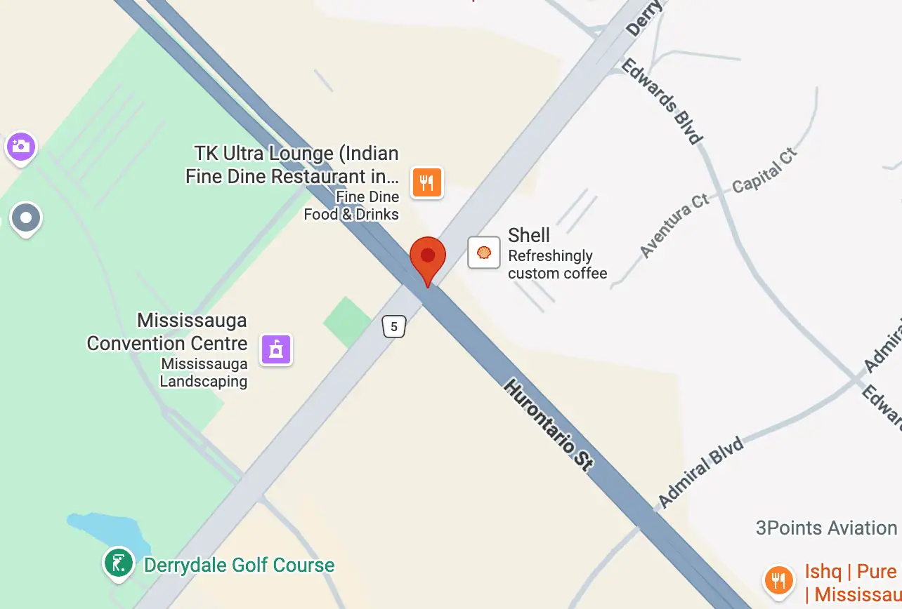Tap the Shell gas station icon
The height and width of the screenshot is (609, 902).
pyautogui.click(x=484, y=253)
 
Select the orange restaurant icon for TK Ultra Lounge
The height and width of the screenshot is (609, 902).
pyautogui.click(x=427, y=182)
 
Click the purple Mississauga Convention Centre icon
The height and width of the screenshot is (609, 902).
pyautogui.click(x=276, y=349)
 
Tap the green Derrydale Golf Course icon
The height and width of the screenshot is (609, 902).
pyautogui.click(x=119, y=563)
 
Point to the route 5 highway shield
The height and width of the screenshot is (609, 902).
pyautogui.click(x=394, y=326)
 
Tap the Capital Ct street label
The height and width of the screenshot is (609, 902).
pyautogui.click(x=764, y=170)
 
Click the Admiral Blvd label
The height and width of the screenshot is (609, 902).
pyautogui.click(x=700, y=471)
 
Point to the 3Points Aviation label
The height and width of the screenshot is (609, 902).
pyautogui.click(x=826, y=528)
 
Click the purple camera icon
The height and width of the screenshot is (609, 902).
pyautogui.click(x=21, y=147)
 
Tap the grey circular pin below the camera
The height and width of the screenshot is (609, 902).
pyautogui.click(x=27, y=218)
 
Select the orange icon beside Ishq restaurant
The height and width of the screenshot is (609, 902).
pyautogui.click(x=778, y=580)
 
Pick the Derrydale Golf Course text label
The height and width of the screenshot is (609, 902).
pyautogui.click(x=239, y=565)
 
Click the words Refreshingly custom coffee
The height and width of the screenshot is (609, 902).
pyautogui.click(x=557, y=264)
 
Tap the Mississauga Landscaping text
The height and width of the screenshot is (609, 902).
pyautogui.click(x=204, y=373)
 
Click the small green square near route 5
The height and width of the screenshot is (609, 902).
pyautogui.click(x=347, y=321)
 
